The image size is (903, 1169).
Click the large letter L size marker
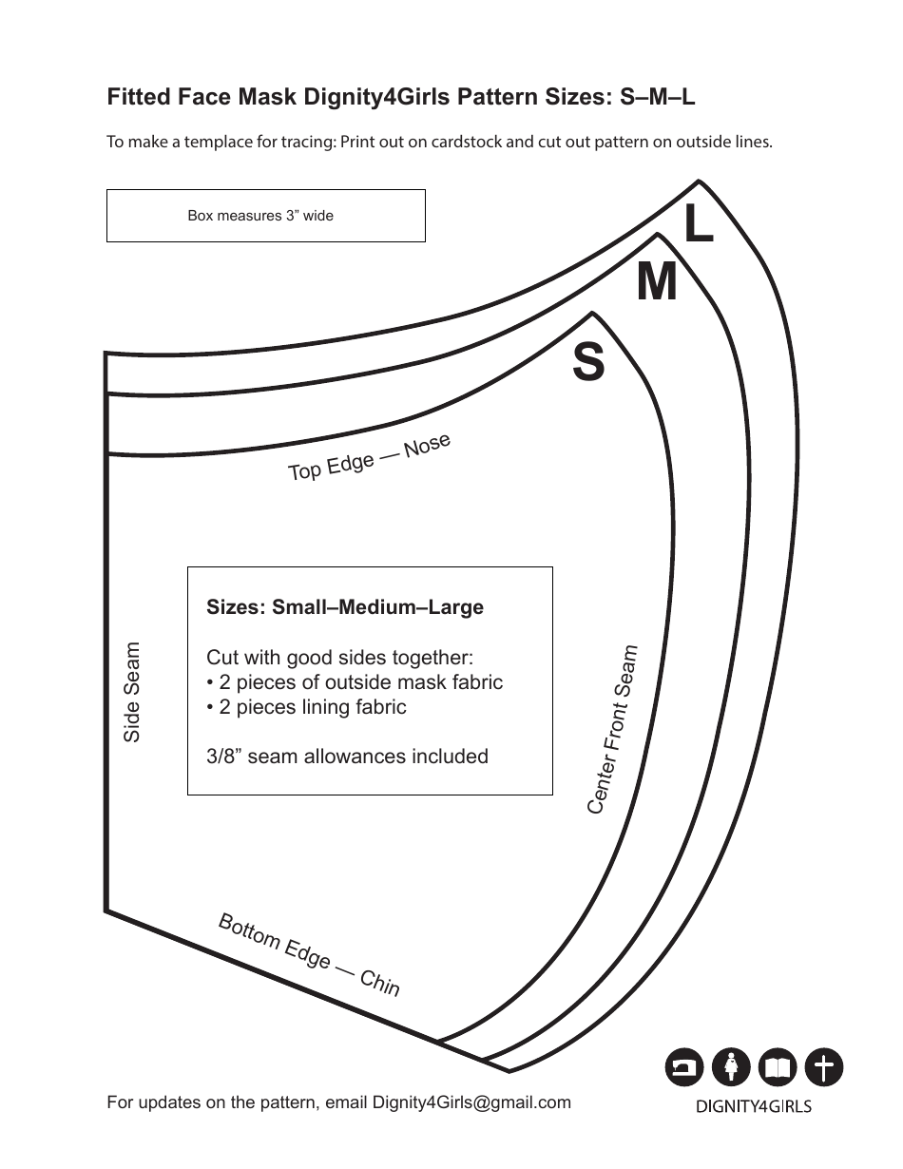(699, 226)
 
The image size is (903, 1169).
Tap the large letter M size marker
(657, 282)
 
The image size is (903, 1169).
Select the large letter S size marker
(588, 363)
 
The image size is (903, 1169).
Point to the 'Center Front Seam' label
(612, 730)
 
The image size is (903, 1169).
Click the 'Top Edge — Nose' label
(369, 458)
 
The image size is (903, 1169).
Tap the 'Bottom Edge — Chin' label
(309, 954)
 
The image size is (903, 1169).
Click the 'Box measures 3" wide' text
(260, 216)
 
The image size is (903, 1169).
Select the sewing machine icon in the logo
(683, 1068)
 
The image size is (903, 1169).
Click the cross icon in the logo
(824, 1068)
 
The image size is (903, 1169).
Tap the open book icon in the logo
(778, 1068)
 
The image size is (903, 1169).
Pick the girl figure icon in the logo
(731, 1068)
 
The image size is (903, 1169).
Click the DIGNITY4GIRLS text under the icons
(754, 1106)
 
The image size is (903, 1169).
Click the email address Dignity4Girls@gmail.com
(471, 1102)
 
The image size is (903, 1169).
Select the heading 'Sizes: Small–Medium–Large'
(345, 607)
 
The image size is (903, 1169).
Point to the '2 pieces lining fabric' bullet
(306, 707)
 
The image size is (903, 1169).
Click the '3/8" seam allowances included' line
(347, 757)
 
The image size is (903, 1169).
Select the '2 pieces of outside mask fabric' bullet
(355, 682)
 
